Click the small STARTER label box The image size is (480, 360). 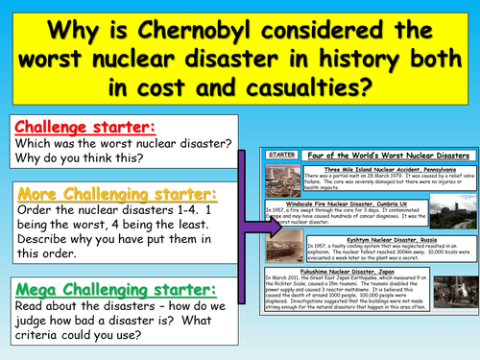pyautogui.click(x=283, y=154)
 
